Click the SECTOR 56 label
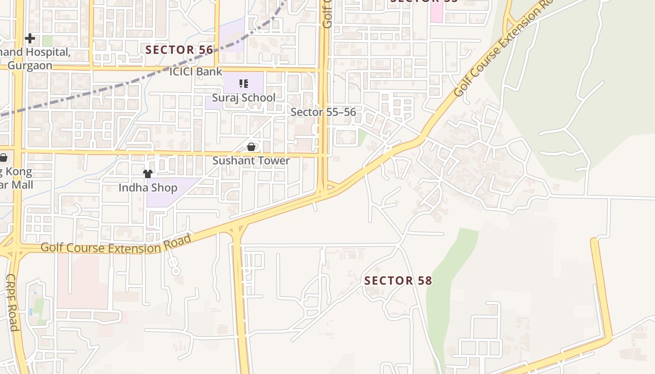point(179,50)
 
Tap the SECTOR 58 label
point(398,280)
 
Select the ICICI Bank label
point(196,72)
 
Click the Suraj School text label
point(244,98)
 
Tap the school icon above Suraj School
point(243,84)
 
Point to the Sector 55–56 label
point(323,112)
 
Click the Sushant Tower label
point(251,161)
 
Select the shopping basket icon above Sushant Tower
point(251,147)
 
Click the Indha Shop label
point(148,188)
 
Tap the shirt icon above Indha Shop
point(148,174)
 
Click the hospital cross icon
point(30,38)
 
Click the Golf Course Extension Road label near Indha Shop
point(116,245)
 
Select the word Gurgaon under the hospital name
point(30,65)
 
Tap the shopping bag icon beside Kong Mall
point(3,158)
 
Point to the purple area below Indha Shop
point(164,199)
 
